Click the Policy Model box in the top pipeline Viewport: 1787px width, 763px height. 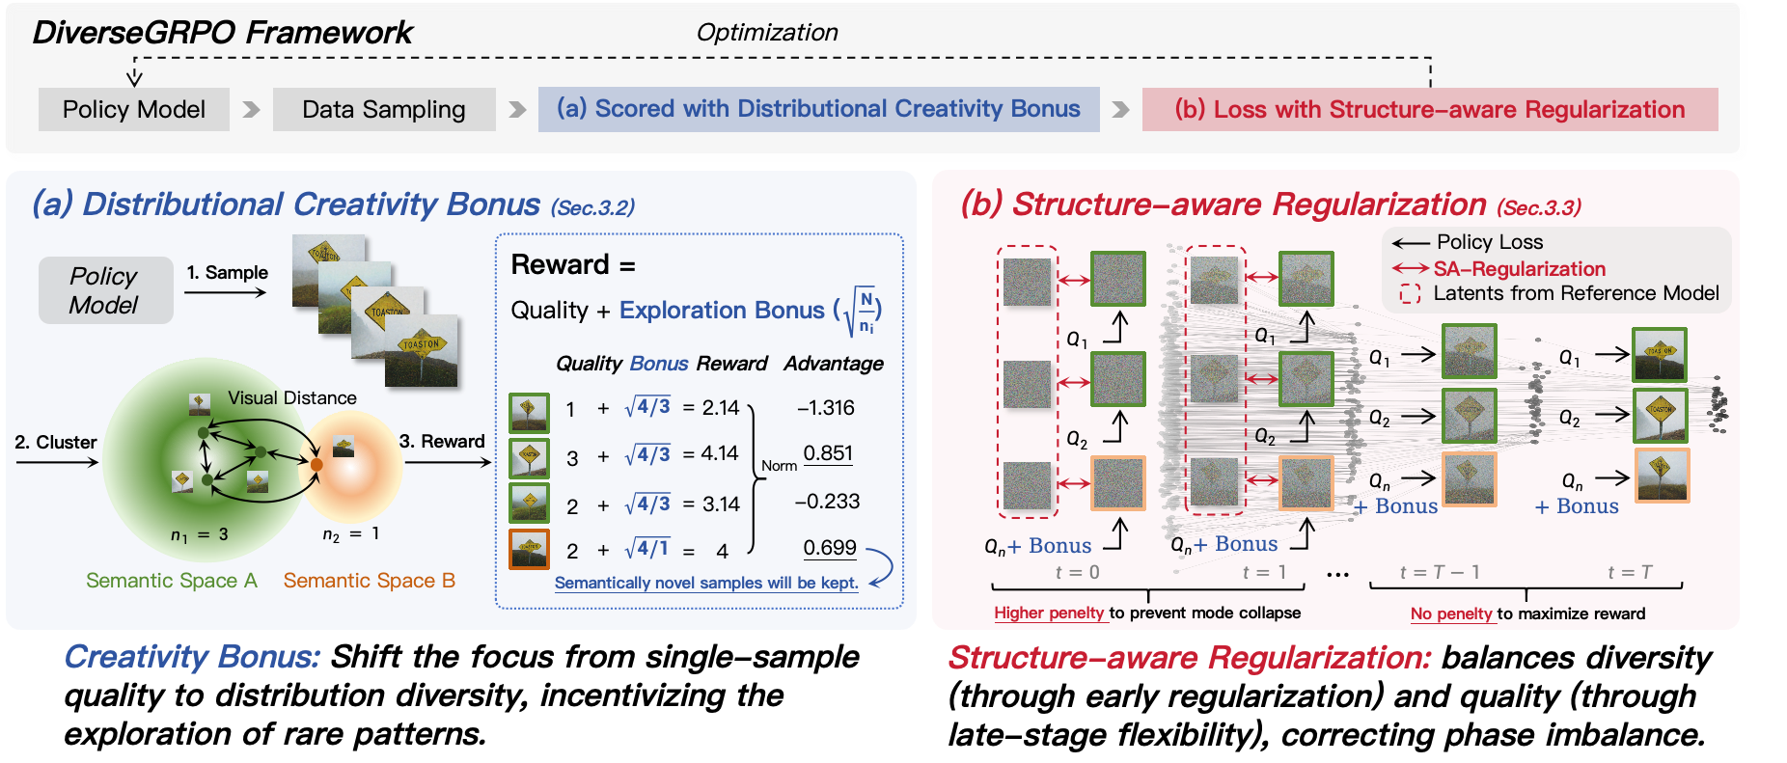click(133, 110)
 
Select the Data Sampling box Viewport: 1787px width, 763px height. click(383, 110)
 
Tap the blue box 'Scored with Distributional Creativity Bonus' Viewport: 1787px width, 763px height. click(818, 109)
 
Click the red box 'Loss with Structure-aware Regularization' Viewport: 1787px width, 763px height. click(1429, 110)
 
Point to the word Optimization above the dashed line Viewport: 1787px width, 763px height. click(766, 33)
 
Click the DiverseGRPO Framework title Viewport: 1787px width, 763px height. click(222, 33)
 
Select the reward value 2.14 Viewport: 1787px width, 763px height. click(720, 408)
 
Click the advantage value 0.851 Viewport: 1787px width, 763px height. click(827, 453)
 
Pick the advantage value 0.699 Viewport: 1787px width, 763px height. click(829, 548)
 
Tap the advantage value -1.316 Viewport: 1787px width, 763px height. click(826, 408)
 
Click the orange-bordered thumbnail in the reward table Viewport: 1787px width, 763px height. click(529, 549)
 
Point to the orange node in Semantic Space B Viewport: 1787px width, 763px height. click(316, 465)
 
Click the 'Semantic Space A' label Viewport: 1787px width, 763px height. click(171, 581)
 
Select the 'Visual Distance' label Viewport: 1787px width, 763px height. click(291, 397)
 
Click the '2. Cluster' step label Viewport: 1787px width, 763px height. click(56, 443)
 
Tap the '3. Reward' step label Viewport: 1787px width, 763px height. click(442, 442)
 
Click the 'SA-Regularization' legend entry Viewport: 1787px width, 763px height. click(1519, 269)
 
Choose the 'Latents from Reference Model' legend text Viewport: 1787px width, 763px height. click(1576, 293)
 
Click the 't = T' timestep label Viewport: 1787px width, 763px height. click(1629, 573)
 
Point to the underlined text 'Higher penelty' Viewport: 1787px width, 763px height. click(1049, 613)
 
